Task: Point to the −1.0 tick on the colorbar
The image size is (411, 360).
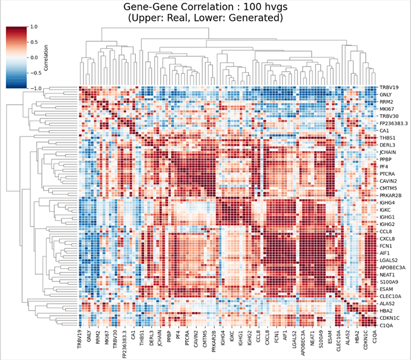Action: (x=34, y=88)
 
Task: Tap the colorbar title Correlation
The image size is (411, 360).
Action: (x=45, y=57)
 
